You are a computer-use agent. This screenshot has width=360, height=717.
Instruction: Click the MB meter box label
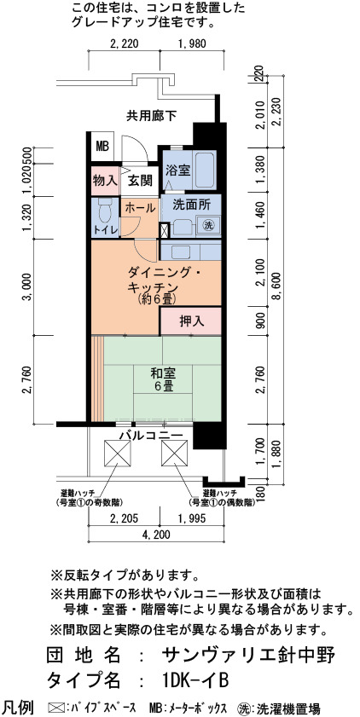102,147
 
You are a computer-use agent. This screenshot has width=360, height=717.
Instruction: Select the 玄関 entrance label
140,181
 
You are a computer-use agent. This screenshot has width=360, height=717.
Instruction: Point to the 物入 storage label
105,180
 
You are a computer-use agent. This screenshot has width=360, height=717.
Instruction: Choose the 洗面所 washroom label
191,205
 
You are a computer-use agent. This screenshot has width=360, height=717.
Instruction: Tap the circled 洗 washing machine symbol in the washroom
208,225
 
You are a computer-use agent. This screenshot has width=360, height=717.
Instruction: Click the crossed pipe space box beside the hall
165,230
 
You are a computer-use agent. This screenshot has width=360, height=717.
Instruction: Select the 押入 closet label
191,321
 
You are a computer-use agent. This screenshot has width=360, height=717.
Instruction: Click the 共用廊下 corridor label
151,116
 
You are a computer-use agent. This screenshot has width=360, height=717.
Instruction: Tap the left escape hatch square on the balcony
118,453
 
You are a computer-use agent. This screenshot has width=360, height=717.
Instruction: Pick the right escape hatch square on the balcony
174,453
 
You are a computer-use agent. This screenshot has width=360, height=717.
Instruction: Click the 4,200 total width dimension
156,535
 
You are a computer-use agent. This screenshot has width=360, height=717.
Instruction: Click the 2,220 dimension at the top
124,44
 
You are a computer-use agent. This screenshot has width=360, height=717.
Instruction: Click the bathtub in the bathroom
205,170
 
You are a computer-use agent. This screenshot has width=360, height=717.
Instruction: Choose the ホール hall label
140,207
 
